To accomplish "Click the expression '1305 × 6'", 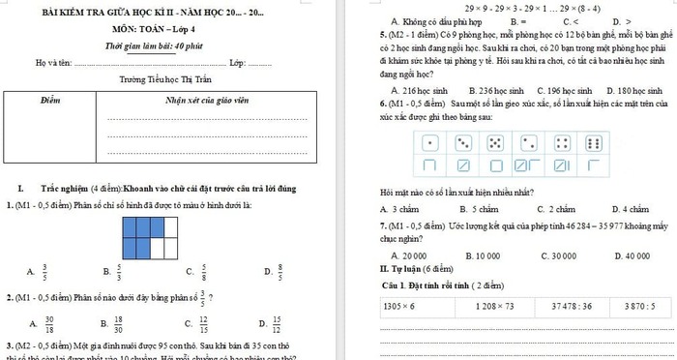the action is tap(399, 305).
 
